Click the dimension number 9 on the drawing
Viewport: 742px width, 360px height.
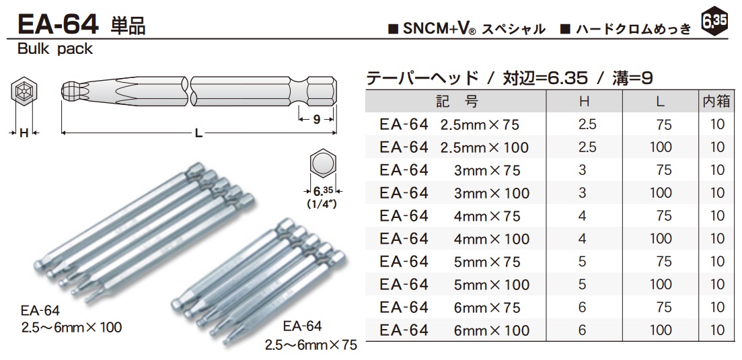pyautogui.click(x=316, y=120)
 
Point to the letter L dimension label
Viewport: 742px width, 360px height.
pyautogui.click(x=198, y=133)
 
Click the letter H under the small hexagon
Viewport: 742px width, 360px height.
pyautogui.click(x=24, y=133)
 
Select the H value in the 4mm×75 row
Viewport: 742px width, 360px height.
pyautogui.click(x=583, y=216)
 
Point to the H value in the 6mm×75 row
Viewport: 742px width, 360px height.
pyautogui.click(x=583, y=308)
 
